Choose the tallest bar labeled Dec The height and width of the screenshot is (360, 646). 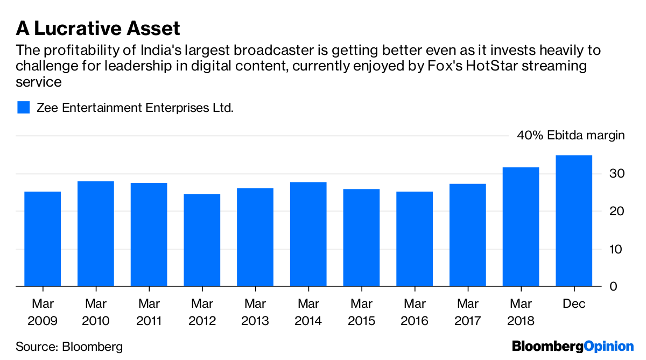(x=574, y=221)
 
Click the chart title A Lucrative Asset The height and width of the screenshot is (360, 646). (x=97, y=28)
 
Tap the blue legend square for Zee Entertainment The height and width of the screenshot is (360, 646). (x=23, y=107)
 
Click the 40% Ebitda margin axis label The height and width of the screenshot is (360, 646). (x=571, y=135)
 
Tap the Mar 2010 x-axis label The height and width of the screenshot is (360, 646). (x=96, y=313)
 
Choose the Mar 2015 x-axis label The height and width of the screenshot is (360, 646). (x=361, y=313)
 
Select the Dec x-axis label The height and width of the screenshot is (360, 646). (x=574, y=305)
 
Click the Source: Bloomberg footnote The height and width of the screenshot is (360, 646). (x=69, y=347)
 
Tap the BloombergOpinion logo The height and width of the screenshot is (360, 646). (x=573, y=347)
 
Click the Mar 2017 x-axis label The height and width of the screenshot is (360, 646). (x=467, y=313)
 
